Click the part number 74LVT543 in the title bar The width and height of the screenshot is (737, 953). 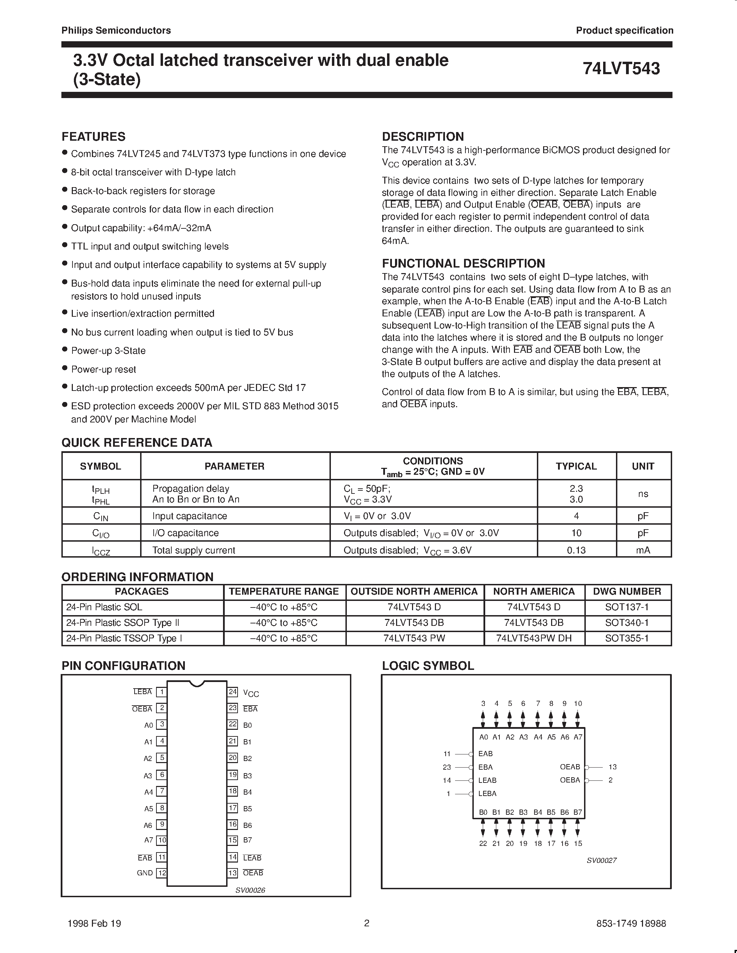621,69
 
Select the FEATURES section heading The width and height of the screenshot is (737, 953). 93,137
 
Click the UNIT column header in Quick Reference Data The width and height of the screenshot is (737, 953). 643,466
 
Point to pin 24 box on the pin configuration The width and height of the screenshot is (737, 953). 233,692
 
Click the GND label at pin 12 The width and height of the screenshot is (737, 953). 145,873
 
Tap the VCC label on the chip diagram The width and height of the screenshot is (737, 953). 251,693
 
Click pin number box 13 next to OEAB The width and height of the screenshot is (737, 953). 233,873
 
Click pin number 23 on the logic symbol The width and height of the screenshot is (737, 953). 446,767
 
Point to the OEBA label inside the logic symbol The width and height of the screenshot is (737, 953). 570,780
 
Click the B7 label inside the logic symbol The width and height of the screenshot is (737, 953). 578,812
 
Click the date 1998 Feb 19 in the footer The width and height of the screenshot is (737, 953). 94,923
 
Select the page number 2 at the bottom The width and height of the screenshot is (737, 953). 367,923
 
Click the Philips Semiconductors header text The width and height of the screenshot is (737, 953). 116,30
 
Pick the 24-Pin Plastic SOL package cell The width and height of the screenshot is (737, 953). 104,607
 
